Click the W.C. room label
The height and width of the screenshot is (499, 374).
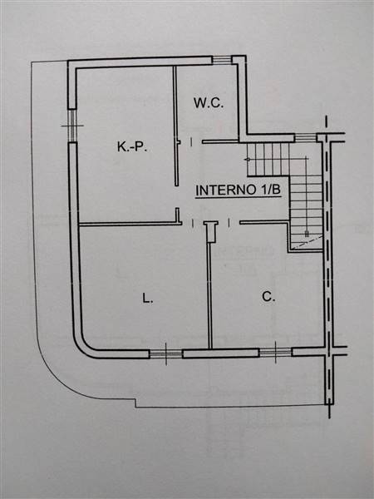(x=209, y=103)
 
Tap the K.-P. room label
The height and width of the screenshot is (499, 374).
(x=132, y=146)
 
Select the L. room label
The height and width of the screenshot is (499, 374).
(x=148, y=299)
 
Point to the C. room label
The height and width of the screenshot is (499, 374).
(x=268, y=297)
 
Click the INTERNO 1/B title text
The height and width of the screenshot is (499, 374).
(x=239, y=190)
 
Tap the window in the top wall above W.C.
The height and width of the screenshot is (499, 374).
(x=222, y=60)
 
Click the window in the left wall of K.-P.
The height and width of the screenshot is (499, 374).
(x=72, y=126)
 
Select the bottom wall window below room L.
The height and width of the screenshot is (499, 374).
(x=165, y=353)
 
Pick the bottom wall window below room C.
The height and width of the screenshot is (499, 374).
(x=275, y=352)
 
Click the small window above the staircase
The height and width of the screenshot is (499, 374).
(x=305, y=137)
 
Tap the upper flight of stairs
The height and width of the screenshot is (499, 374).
(x=268, y=159)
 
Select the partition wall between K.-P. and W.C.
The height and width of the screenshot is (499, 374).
(x=175, y=126)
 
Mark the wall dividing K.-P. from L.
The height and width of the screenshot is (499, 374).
(x=130, y=224)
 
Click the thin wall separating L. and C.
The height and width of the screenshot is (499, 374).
(x=209, y=295)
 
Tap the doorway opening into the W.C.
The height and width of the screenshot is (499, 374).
(x=196, y=142)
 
